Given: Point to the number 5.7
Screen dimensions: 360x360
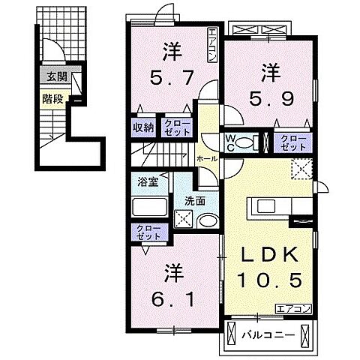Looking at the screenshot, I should click(172, 75).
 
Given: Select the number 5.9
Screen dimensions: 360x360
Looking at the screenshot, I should click(271, 95).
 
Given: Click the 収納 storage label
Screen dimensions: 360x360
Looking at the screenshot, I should click(143, 127).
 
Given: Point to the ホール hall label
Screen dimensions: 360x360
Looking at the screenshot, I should click(207, 159).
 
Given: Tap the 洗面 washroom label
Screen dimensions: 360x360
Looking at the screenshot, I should click(195, 201).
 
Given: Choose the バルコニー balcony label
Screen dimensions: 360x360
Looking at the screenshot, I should click(268, 332).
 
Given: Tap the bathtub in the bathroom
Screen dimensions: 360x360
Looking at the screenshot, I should click(151, 208).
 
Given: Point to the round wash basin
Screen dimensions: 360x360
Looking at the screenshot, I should click(206, 220).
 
